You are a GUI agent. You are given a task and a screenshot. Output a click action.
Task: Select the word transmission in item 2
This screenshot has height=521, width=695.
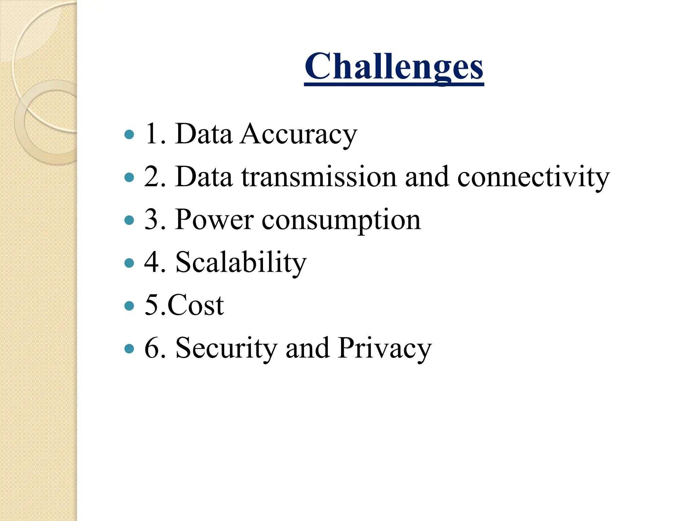click(x=319, y=177)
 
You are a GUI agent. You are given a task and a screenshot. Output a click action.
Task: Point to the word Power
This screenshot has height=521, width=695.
click(x=214, y=220)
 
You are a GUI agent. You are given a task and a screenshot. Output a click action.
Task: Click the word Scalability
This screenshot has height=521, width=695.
click(x=241, y=263)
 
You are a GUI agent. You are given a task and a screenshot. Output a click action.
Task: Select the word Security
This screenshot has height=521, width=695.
click(x=226, y=348)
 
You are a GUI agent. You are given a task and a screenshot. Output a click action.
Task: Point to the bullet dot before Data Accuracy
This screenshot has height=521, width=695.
click(x=129, y=135)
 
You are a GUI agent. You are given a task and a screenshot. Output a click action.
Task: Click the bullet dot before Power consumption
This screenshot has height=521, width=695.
click(x=129, y=220)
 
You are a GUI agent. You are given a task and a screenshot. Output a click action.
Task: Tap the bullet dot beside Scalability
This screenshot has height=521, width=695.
click(x=129, y=263)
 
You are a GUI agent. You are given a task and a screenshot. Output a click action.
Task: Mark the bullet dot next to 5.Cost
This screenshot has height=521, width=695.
click(x=129, y=306)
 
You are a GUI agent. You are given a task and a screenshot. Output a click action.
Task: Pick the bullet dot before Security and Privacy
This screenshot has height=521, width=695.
click(x=129, y=348)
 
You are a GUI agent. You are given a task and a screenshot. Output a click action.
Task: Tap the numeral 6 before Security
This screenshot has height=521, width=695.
click(x=151, y=348)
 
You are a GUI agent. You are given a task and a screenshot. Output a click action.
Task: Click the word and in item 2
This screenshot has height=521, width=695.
click(x=427, y=177)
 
